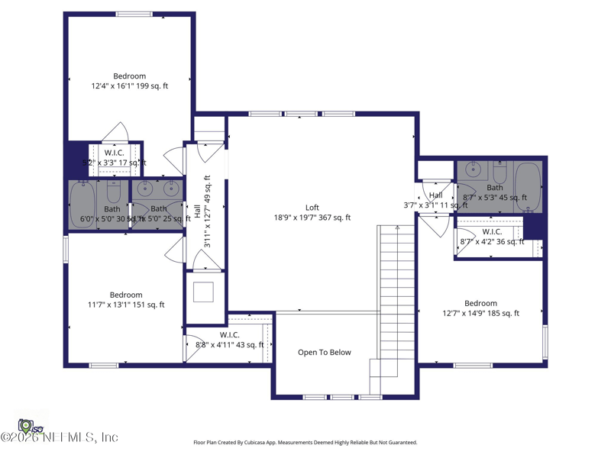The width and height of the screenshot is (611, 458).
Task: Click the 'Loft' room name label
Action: point(312,208)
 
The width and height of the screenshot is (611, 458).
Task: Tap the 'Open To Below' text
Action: point(325,353)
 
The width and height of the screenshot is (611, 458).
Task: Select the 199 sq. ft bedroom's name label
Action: point(130,76)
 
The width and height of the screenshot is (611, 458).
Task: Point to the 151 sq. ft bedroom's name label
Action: point(126,295)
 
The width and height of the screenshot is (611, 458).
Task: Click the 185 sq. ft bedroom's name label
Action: point(480,303)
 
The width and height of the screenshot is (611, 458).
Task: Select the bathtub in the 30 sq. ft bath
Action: point(81,204)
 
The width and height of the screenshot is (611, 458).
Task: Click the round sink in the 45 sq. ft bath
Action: point(472,170)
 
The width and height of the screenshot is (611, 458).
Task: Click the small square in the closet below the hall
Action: point(205,292)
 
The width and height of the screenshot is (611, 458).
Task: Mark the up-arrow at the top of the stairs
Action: point(397,227)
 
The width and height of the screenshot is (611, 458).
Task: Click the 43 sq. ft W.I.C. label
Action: point(229,335)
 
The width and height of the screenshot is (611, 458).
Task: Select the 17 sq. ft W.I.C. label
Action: point(115,153)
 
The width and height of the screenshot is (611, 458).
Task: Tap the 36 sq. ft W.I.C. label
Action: point(492,232)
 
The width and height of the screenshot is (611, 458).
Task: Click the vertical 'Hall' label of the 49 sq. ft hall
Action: point(197,211)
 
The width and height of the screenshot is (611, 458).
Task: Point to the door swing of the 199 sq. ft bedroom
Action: point(115,132)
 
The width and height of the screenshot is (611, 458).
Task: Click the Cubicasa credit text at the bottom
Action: point(305,443)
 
